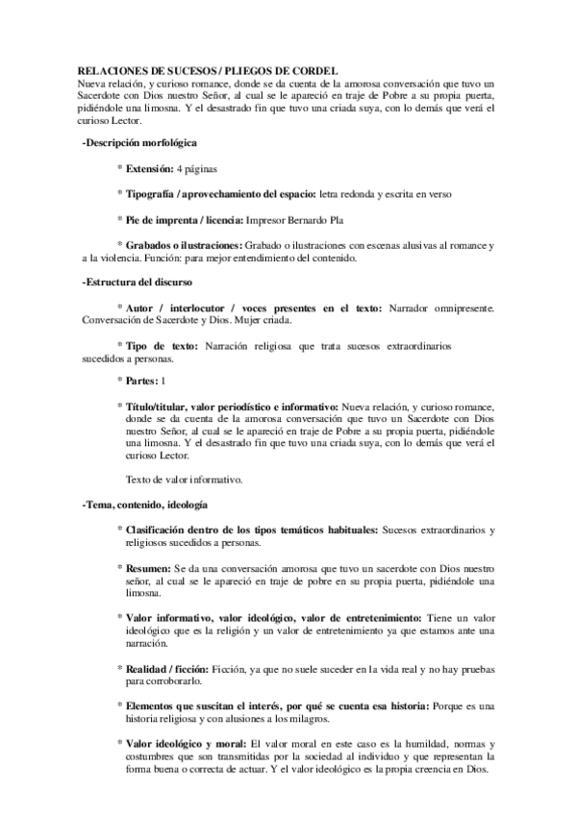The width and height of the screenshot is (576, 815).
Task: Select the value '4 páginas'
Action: [x=204, y=167]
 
